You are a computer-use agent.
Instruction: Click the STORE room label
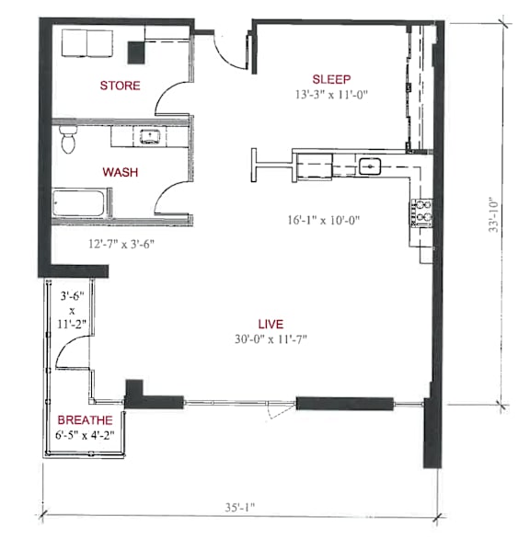[x=120, y=86]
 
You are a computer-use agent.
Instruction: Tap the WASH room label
[x=121, y=172]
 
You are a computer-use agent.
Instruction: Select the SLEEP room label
[x=331, y=79]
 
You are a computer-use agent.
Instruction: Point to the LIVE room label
[x=271, y=324]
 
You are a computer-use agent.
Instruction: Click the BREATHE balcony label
[x=85, y=419]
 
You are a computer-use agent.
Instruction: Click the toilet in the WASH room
[x=68, y=139]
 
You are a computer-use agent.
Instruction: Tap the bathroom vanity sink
[x=150, y=136]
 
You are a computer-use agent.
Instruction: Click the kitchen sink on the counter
[x=370, y=166]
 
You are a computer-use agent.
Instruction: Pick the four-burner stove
[x=421, y=212]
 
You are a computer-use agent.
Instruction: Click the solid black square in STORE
[x=136, y=52]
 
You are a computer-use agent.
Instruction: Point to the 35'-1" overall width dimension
[x=240, y=507]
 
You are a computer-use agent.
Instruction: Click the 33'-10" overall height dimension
[x=493, y=214]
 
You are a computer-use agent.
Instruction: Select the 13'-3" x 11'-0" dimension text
[x=331, y=94]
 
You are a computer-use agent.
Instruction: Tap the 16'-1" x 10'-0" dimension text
[x=324, y=220]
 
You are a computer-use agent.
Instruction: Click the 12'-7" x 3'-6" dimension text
[x=121, y=244]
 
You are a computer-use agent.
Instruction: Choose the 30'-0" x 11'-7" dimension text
[x=271, y=339]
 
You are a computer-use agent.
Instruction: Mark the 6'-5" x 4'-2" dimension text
[x=85, y=435]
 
